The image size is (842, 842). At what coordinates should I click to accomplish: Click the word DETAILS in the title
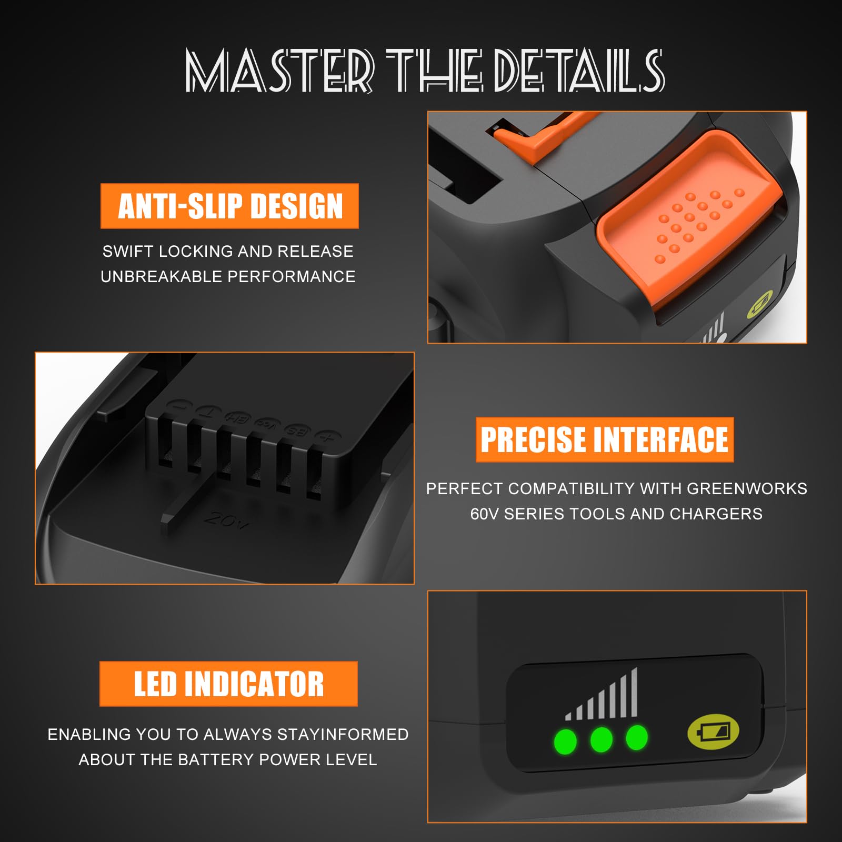579,70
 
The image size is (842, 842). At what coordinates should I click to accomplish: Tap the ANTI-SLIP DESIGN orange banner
229,206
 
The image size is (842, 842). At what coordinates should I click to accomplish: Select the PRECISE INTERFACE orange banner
605,439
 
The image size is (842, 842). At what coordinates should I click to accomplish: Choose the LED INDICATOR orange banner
228,684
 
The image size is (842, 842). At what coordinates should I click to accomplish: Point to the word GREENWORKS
747,488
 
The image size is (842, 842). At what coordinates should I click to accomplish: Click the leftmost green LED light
565,741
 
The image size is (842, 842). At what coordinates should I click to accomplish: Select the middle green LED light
602,739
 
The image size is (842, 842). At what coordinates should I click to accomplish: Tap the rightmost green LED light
637,737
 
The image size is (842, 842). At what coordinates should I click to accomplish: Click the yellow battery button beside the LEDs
714,731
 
